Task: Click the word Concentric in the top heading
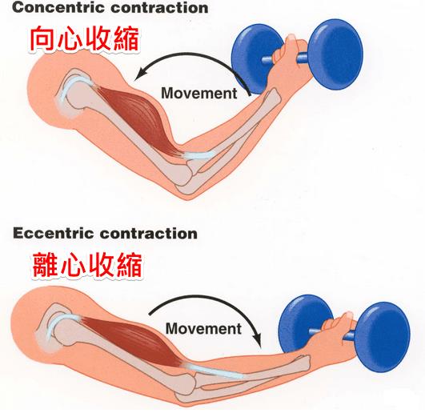tap(58, 7)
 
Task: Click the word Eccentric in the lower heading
tap(53, 234)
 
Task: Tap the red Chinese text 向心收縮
tap(84, 38)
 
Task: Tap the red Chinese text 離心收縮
tap(87, 265)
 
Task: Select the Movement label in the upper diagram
tap(199, 93)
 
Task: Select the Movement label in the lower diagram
tap(203, 328)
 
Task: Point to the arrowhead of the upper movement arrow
tap(138, 74)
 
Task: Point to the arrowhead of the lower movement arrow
tap(257, 342)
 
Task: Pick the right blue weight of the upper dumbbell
tap(335, 54)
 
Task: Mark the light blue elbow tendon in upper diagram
tap(199, 155)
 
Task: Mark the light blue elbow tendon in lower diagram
tap(215, 371)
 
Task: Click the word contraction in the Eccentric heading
tap(149, 234)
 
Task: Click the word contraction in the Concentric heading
tap(159, 7)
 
